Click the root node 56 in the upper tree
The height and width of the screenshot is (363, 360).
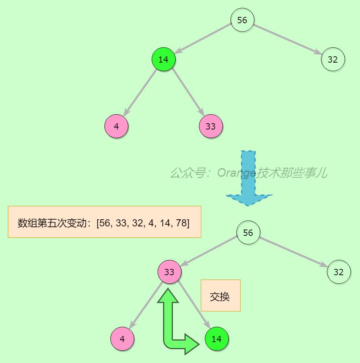click(242, 20)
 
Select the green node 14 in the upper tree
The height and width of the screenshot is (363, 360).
click(163, 59)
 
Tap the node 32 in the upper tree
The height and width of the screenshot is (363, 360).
click(333, 59)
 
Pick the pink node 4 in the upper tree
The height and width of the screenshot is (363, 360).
click(116, 126)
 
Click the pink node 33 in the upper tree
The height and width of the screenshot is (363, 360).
click(211, 126)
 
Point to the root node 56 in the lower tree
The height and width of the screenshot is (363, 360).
click(248, 232)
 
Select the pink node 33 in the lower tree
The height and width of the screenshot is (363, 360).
click(169, 272)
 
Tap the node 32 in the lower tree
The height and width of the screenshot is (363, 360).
click(339, 272)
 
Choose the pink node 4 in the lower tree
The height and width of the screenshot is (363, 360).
click(122, 339)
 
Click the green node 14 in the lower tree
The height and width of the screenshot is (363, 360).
click(217, 339)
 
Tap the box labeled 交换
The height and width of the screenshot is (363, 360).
click(221, 296)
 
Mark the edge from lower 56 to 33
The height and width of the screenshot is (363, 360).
click(209, 252)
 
